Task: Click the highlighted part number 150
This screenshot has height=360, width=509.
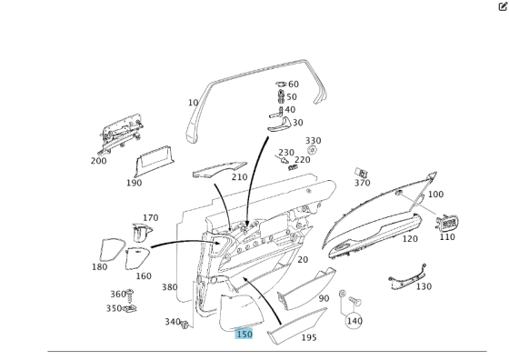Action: coord(244,334)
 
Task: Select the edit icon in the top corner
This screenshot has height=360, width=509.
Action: coord(503,6)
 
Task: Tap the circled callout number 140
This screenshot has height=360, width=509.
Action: coord(354,321)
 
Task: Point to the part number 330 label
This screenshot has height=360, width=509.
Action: coord(313,141)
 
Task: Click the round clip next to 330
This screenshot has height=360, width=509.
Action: coord(312,150)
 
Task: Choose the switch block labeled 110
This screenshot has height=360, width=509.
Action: coord(447,223)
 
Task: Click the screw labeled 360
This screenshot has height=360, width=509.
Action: coord(130,295)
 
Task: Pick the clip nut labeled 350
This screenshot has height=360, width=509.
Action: coord(130,309)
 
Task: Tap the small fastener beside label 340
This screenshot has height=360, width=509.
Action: coord(185,325)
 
